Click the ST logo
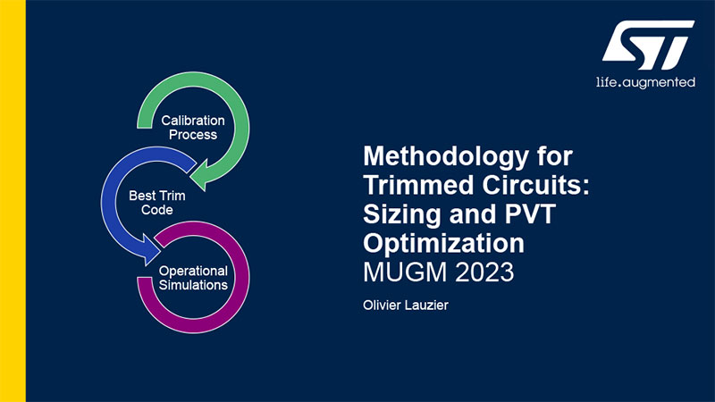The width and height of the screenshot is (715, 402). pyautogui.click(x=648, y=45)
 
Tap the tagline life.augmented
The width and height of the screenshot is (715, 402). pyautogui.click(x=645, y=82)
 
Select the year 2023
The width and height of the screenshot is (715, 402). pyautogui.click(x=484, y=272)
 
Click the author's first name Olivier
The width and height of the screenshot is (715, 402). pyautogui.click(x=382, y=305)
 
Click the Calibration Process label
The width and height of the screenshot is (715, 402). pyautogui.click(x=193, y=128)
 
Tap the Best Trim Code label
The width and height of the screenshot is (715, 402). pyautogui.click(x=157, y=203)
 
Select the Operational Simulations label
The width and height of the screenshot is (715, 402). pyautogui.click(x=193, y=278)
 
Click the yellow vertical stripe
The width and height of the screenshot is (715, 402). pyautogui.click(x=13, y=201)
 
